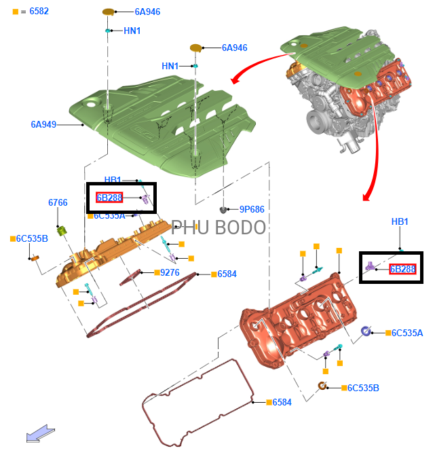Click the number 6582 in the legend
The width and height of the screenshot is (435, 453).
pyautogui.click(x=39, y=12)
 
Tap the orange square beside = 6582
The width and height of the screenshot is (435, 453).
pyautogui.click(x=16, y=12)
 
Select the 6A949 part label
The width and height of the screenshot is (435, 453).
pyautogui.click(x=43, y=124)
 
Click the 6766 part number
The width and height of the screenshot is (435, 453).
pyautogui.click(x=58, y=203)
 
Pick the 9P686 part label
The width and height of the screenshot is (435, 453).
pyautogui.click(x=252, y=209)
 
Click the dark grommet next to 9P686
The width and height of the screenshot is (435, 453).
pyautogui.click(x=223, y=209)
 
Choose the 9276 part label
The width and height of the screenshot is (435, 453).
pyautogui.click(x=170, y=272)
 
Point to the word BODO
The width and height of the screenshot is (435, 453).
pyautogui.click(x=240, y=228)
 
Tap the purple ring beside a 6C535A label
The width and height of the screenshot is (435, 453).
pyautogui.click(x=366, y=331)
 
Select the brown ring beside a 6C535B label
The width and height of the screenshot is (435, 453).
pyautogui.click(x=324, y=387)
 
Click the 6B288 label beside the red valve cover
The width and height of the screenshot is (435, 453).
pyautogui.click(x=402, y=269)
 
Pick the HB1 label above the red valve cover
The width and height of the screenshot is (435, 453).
pyautogui.click(x=400, y=222)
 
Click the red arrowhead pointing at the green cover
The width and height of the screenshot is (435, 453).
pyautogui.click(x=235, y=81)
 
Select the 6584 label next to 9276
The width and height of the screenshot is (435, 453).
pyautogui.click(x=227, y=274)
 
